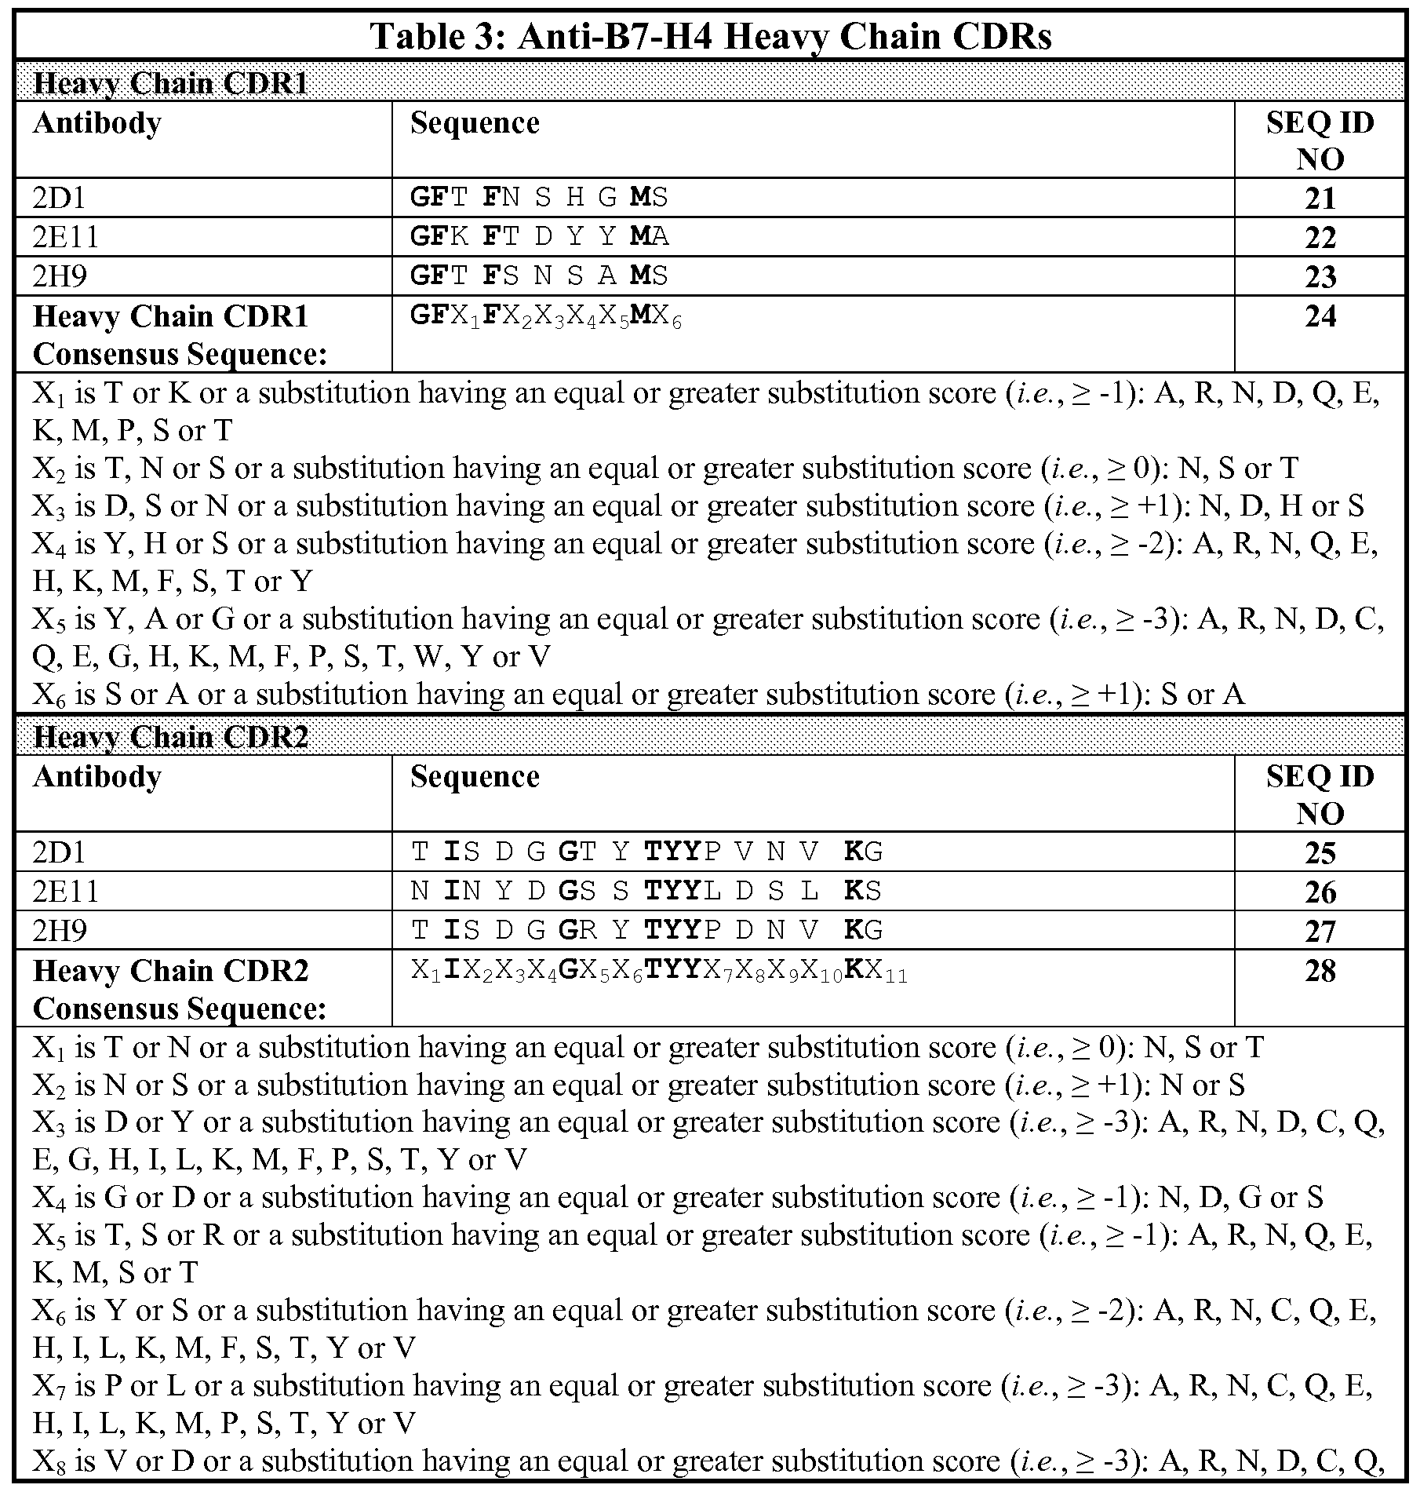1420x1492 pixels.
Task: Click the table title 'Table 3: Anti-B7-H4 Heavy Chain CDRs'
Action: (710, 36)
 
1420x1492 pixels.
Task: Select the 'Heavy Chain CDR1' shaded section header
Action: (171, 83)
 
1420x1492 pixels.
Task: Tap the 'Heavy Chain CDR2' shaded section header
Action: (171, 737)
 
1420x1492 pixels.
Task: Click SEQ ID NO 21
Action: (1320, 199)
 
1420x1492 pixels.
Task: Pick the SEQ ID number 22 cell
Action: (1320, 237)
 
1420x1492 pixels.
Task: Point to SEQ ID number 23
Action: (1320, 276)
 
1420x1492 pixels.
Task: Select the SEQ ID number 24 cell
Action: (1320, 316)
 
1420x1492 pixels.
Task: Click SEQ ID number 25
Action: (1320, 853)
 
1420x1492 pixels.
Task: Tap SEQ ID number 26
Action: (1320, 892)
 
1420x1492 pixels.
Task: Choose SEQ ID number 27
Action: (1320, 931)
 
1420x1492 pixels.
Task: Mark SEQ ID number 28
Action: (1320, 971)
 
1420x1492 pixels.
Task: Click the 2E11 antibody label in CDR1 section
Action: (66, 237)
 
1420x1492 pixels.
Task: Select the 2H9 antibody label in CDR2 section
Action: (60, 931)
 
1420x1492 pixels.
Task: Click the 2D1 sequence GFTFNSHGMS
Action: (539, 197)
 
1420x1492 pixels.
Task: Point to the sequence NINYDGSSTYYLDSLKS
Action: (646, 891)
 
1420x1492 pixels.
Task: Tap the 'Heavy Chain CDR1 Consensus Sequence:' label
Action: (180, 335)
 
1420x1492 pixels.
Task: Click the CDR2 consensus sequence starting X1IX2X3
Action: (659, 972)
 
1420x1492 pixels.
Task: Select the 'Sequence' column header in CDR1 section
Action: (475, 123)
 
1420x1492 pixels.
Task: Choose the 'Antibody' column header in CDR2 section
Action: (97, 776)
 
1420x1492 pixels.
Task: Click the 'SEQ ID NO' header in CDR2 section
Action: (1320, 794)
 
